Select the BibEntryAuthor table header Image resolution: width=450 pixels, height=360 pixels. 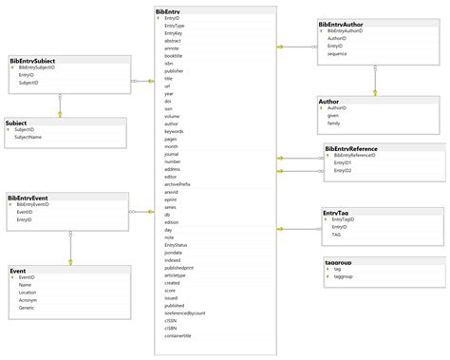coord(342,23)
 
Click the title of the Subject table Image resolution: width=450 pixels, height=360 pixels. coord(16,123)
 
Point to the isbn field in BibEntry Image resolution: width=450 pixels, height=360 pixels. coord(168,63)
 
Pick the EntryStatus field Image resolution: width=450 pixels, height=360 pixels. coord(176,245)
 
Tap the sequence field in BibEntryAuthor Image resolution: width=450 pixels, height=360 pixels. coord(336,53)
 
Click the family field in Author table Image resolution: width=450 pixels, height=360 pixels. coord(333,123)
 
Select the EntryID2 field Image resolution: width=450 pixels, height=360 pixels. coord(343,170)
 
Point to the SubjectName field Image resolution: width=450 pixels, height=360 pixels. coord(29,137)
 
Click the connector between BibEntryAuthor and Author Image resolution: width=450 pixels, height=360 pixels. coord(375,81)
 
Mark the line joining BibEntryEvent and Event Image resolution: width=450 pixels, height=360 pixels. coord(69,249)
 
